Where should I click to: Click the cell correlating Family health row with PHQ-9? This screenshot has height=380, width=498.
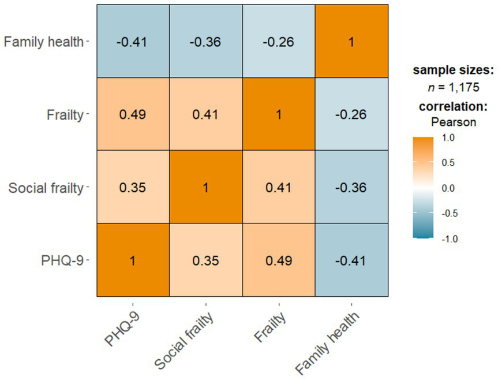[133, 42]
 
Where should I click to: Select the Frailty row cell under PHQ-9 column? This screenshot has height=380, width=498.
[133, 114]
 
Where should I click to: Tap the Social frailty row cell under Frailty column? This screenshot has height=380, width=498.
[279, 187]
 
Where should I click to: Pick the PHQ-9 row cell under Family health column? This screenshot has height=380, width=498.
[351, 260]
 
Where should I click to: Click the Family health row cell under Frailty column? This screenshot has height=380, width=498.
[279, 42]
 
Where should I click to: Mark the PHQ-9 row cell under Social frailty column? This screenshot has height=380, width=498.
[205, 260]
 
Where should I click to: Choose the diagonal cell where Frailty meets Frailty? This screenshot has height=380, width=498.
[279, 114]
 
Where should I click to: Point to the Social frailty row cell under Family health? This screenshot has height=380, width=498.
[351, 187]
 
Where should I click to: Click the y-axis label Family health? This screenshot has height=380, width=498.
[44, 42]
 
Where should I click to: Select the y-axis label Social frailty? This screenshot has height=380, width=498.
[46, 188]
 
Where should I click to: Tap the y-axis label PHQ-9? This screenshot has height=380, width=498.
[63, 260]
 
